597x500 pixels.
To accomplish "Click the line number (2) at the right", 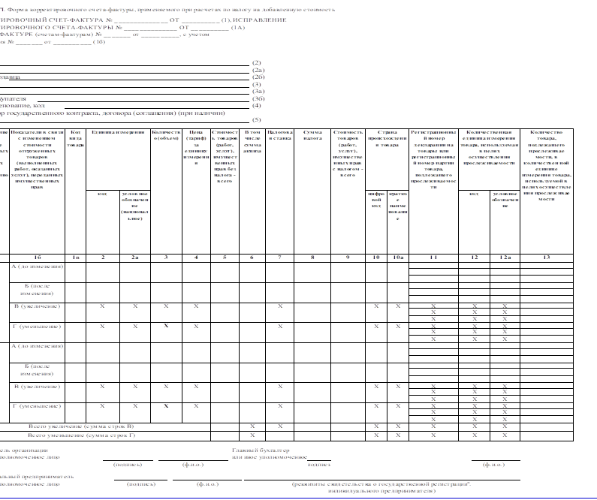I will pos(257,62).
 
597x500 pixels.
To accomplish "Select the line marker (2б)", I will pos(258,77).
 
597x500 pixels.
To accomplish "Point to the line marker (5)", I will pos(256,120).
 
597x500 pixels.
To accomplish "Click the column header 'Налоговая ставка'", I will pos(279,136).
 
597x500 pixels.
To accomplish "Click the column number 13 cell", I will pos(546,258).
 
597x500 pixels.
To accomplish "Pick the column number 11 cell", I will pos(433,258).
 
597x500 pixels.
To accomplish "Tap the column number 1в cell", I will pos(75,258).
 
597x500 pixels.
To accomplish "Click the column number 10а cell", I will pos(399,258).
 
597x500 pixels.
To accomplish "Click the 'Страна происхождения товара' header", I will pos(387,140).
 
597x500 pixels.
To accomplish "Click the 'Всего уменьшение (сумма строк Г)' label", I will pos(65,435).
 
